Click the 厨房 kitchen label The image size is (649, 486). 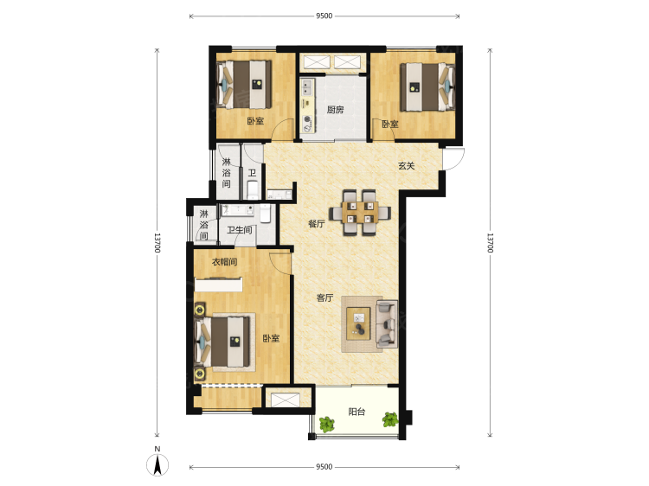(x=335, y=110)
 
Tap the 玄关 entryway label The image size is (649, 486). (x=406, y=166)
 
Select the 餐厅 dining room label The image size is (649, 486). (x=316, y=224)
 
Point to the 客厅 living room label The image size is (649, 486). (x=324, y=297)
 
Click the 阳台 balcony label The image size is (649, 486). (x=357, y=412)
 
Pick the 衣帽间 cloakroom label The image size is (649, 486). (x=224, y=262)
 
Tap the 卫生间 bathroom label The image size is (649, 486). (x=239, y=230)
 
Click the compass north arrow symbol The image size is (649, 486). (x=157, y=464)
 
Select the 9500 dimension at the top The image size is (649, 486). (x=324, y=16)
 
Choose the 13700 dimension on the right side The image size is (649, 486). (x=490, y=243)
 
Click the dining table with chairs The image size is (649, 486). (x=360, y=212)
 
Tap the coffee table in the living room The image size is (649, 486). (x=358, y=323)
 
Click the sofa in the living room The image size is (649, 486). (x=387, y=324)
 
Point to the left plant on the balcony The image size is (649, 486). (x=326, y=424)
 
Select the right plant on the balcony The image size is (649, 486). (x=390, y=419)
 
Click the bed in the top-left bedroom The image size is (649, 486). (x=244, y=85)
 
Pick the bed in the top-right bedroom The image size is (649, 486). (x=427, y=86)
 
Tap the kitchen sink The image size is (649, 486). (x=307, y=87)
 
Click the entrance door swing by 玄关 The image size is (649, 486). (x=453, y=158)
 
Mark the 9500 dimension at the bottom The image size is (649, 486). (x=324, y=467)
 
